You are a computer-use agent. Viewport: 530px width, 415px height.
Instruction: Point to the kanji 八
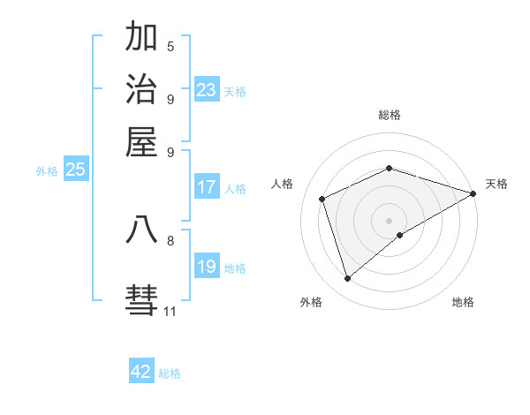tap(142, 230)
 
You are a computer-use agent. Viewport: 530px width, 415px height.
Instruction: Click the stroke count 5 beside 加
tap(170, 46)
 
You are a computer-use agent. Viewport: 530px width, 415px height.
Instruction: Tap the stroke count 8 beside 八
tap(170, 239)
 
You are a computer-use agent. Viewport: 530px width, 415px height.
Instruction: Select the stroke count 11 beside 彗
tap(170, 311)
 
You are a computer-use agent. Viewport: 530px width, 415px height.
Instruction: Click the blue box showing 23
tap(207, 90)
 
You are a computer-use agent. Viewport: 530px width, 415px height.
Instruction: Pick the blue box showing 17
tap(207, 187)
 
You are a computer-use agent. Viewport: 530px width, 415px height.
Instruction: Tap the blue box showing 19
tap(207, 267)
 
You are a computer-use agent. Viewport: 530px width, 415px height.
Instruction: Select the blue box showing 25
tap(76, 170)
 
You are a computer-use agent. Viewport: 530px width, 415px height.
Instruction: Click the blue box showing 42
tap(141, 372)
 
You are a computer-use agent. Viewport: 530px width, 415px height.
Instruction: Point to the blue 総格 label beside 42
tap(170, 373)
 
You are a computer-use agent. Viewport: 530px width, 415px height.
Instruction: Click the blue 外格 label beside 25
tap(46, 171)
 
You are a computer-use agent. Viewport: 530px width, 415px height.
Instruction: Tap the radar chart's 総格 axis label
tap(390, 115)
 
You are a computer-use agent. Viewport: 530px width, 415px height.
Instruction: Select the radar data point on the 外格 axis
tap(348, 279)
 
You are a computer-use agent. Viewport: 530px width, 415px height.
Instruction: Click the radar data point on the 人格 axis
tap(322, 199)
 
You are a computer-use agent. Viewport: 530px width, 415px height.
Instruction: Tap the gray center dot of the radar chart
tap(390, 221)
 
